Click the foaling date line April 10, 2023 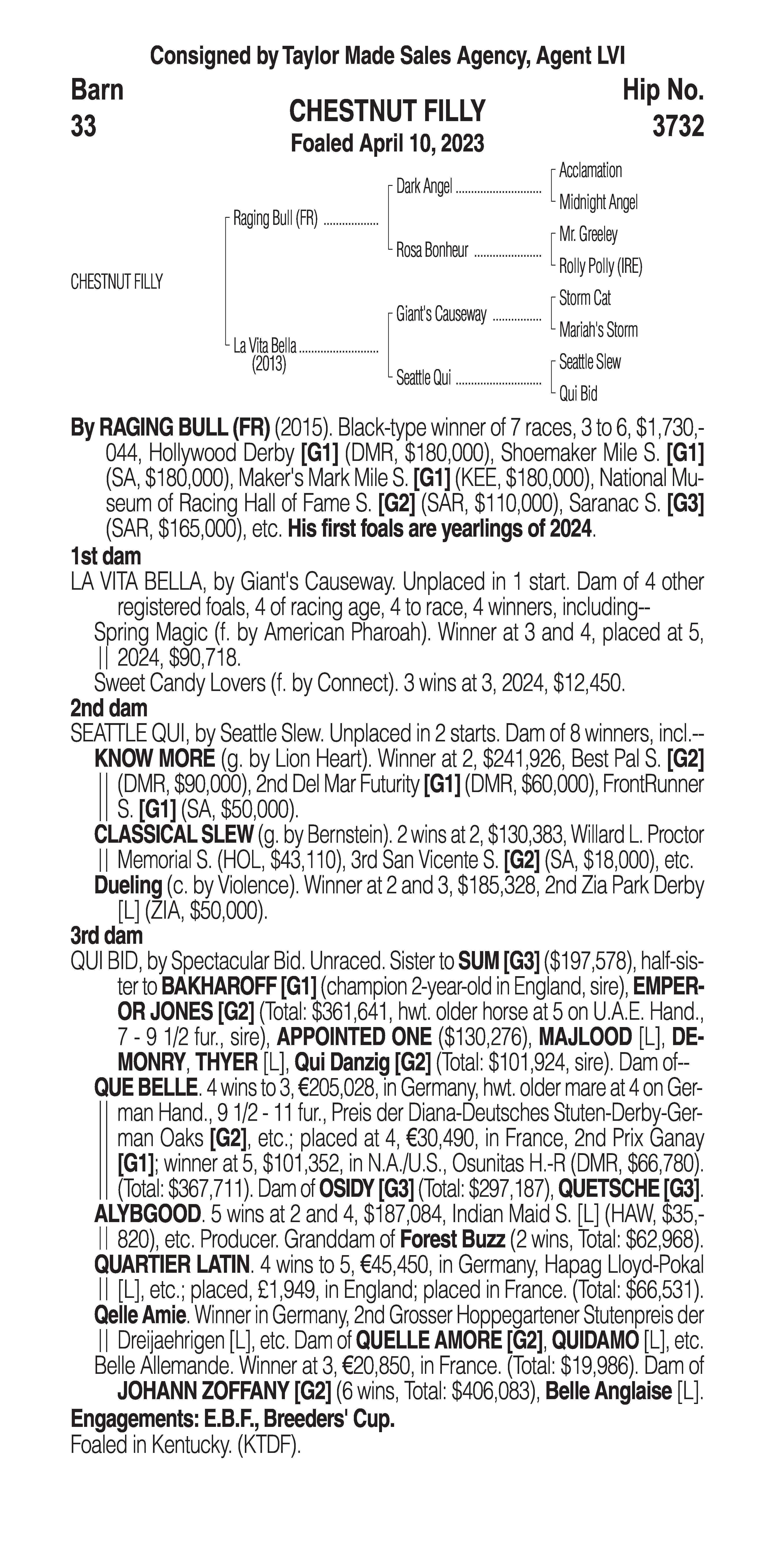pos(387,144)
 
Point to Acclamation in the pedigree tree pos(590,171)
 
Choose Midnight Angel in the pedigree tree pos(598,203)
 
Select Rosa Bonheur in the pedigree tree pos(432,250)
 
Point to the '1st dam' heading pos(106,556)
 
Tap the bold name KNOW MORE pos(154,759)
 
